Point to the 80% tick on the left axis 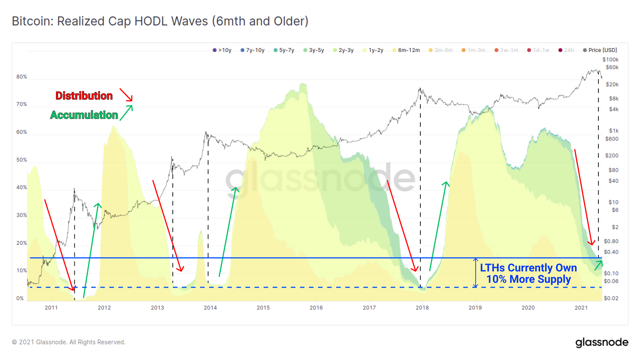tap(22, 77)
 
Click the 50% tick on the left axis tap(22, 160)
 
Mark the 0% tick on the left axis tap(20, 298)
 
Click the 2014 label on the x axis tap(210, 308)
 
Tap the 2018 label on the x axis tap(422, 308)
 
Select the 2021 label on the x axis tap(581, 308)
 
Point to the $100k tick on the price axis tap(610, 60)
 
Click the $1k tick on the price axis tap(614, 130)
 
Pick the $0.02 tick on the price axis tap(611, 298)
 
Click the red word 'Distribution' tap(84, 96)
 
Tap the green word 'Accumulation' tap(84, 115)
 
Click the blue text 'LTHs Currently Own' tap(528, 268)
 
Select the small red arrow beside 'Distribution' tap(126, 95)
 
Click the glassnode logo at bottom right tap(602, 342)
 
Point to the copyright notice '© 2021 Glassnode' tap(68, 342)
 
